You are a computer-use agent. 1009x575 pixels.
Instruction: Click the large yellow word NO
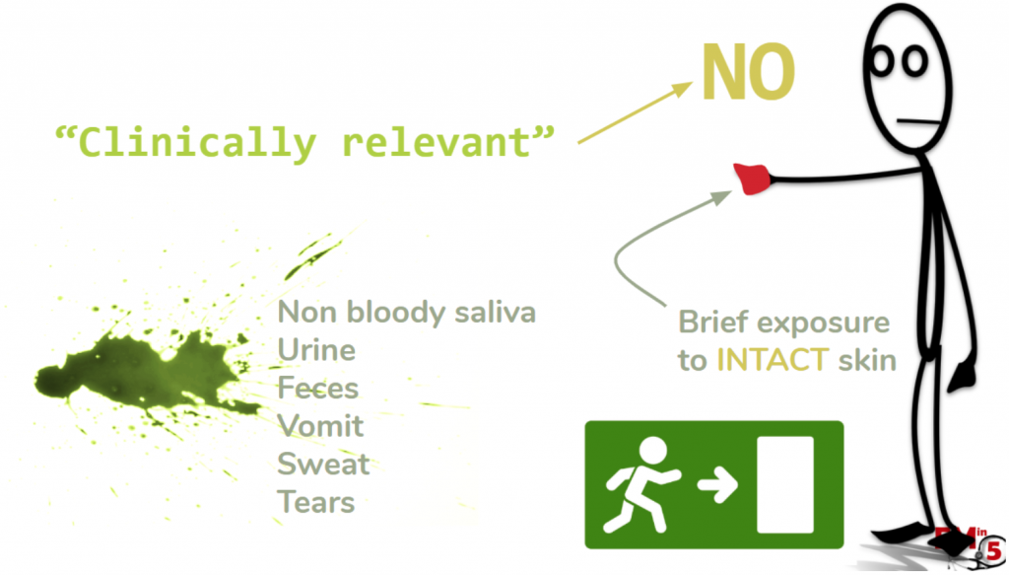[749, 72]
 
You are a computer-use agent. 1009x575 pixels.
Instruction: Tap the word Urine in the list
[316, 350]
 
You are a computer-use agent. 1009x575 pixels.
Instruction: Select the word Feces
[318, 389]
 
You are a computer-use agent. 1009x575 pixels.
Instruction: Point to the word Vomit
[320, 426]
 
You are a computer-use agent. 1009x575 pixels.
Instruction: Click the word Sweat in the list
[323, 465]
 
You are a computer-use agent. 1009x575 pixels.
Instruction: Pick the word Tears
[316, 502]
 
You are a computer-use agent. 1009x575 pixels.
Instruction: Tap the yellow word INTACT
[773, 360]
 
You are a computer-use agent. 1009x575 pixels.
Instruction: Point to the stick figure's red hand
[752, 179]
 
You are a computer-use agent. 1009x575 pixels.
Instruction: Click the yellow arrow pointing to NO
[636, 112]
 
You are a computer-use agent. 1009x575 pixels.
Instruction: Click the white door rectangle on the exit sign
[785, 485]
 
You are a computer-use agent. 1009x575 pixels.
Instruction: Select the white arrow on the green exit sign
[717, 484]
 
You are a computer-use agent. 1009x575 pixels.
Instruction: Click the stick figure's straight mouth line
[919, 121]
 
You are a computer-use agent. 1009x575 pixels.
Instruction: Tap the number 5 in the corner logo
[995, 550]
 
